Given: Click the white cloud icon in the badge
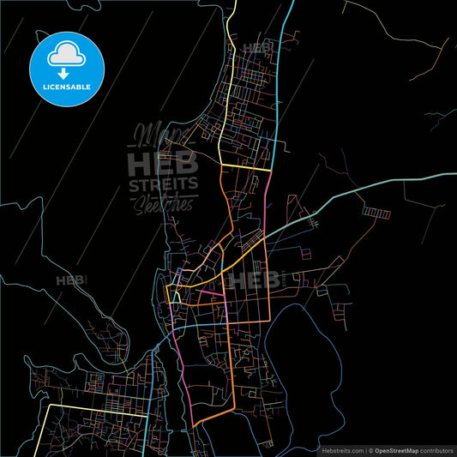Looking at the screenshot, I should [x=67, y=55].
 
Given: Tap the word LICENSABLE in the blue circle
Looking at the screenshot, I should [x=67, y=87].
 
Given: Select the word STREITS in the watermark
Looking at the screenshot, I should [x=163, y=183].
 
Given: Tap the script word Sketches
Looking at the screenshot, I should [x=163, y=204].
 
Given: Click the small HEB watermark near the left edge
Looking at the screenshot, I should [x=71, y=280].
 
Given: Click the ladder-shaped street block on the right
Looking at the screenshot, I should [x=376, y=210].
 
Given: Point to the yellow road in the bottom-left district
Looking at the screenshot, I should [x=94, y=405].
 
